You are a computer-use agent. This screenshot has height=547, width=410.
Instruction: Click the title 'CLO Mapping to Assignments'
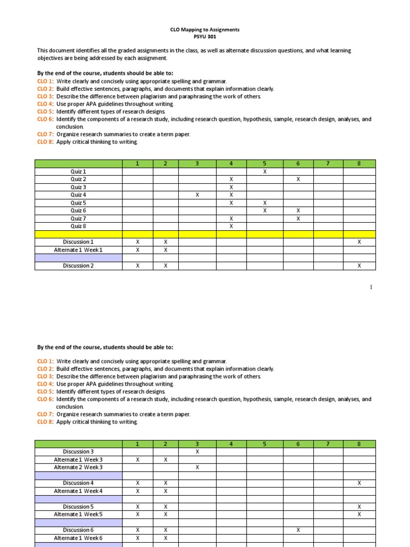205,30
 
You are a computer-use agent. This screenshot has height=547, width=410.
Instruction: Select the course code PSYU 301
205,37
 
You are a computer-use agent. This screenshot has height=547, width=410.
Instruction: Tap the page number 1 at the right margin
371,287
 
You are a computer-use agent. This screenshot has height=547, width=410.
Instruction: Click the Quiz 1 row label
78,171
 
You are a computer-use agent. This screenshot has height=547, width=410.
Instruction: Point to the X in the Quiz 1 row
264,171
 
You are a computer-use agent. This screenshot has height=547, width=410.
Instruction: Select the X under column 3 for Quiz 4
197,195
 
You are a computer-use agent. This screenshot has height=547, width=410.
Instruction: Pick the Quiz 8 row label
78,226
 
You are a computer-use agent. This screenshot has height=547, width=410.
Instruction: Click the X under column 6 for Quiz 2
298,179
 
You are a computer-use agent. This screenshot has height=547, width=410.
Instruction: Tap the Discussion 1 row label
78,242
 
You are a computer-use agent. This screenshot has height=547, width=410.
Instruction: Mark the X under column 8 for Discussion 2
359,265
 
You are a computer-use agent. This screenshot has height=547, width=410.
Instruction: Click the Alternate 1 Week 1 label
78,250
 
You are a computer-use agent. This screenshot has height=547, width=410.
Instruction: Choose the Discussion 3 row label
78,451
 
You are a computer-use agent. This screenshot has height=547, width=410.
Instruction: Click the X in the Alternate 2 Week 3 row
197,467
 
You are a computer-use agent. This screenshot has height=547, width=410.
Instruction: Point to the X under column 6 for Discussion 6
298,530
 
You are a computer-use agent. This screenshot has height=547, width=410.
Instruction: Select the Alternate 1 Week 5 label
78,514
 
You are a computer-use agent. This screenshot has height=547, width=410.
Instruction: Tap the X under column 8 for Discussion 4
359,483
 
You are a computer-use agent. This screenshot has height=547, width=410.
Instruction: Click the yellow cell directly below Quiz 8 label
78,234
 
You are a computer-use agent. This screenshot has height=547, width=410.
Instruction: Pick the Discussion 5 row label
78,506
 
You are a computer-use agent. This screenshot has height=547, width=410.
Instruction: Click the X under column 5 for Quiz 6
264,210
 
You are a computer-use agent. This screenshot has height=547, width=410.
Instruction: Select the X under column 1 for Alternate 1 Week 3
138,459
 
